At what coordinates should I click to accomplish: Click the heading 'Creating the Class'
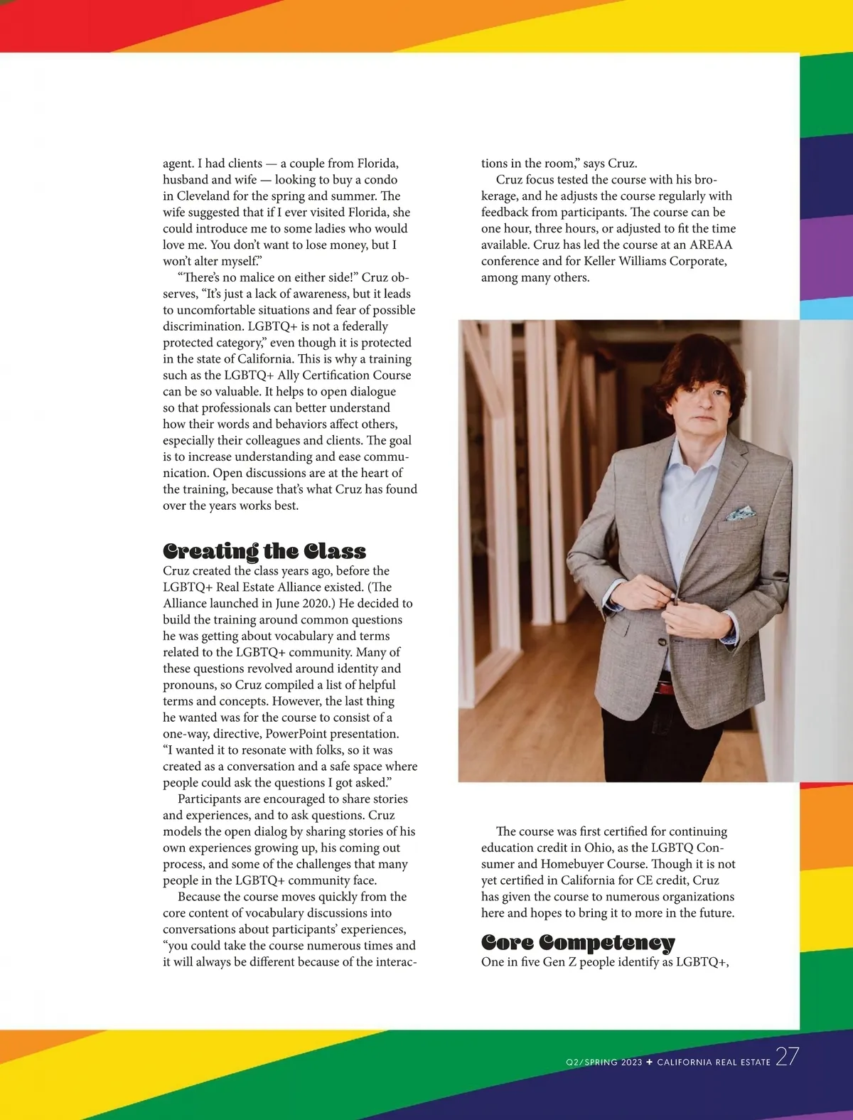[x=264, y=551]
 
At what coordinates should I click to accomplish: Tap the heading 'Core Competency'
[x=578, y=942]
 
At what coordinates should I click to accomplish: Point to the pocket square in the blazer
[x=739, y=513]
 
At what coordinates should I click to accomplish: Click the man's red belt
[x=665, y=687]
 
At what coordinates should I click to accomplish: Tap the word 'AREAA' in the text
[x=711, y=245]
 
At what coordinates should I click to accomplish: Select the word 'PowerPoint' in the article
[x=297, y=734]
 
